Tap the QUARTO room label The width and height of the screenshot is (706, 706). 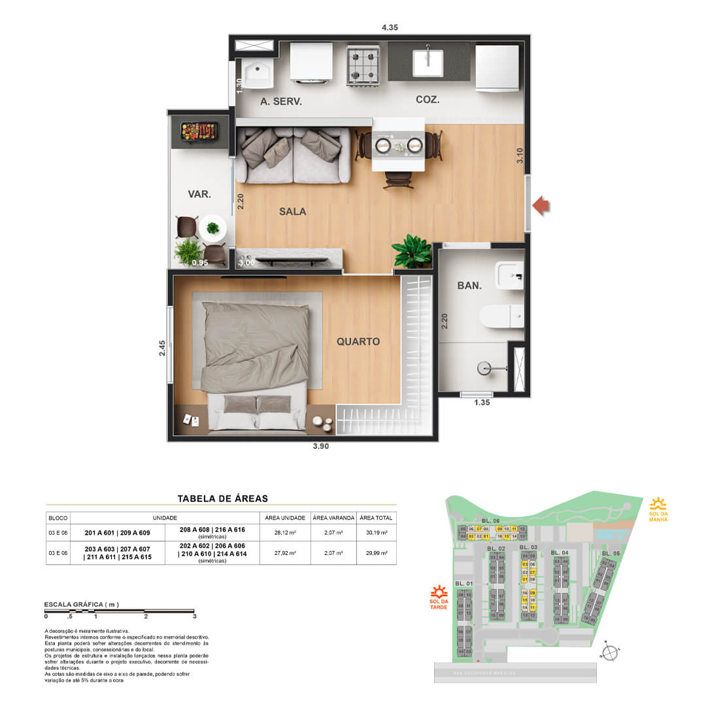pyautogui.click(x=358, y=341)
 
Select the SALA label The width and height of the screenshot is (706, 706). pyautogui.click(x=292, y=211)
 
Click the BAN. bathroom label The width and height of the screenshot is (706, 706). pyautogui.click(x=469, y=286)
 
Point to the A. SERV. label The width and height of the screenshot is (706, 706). pyautogui.click(x=281, y=101)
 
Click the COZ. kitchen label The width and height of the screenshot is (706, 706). pyautogui.click(x=428, y=100)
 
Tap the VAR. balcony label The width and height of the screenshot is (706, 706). pyautogui.click(x=198, y=193)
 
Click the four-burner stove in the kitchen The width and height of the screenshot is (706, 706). pyautogui.click(x=363, y=65)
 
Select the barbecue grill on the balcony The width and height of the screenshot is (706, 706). pyautogui.click(x=200, y=131)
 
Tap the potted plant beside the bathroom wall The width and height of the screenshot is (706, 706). pyautogui.click(x=412, y=251)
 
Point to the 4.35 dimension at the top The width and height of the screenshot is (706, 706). pyautogui.click(x=390, y=27)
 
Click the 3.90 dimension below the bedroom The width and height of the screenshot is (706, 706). pyautogui.click(x=321, y=448)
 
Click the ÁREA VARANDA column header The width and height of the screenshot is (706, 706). pyautogui.click(x=333, y=518)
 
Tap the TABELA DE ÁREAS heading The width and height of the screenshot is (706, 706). pyautogui.click(x=222, y=498)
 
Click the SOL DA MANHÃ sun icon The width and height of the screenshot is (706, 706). pyautogui.click(x=658, y=503)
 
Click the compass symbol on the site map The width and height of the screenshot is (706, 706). pyautogui.click(x=609, y=652)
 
